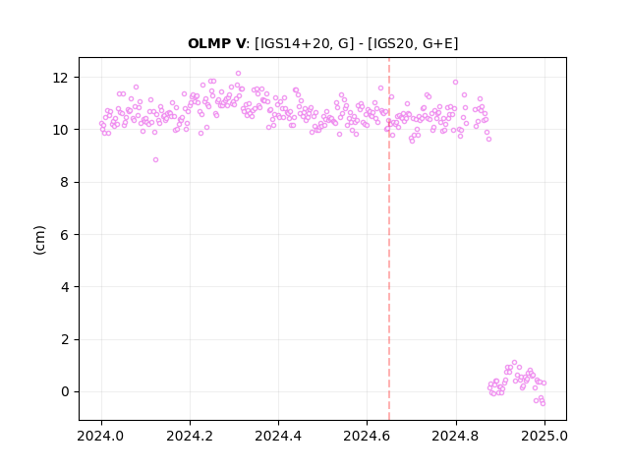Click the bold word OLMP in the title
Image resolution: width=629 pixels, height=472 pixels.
211,43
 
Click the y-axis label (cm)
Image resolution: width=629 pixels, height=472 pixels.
39,240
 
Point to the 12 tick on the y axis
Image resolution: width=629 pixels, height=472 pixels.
60,78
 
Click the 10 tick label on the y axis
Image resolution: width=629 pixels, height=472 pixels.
60,130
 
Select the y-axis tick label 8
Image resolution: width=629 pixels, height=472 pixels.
64,182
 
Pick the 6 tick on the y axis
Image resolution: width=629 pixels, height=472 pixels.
64,235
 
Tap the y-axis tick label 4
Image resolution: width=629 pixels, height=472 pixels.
64,287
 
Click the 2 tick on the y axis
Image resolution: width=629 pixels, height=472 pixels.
64,339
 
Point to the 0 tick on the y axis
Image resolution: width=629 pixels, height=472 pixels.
64,391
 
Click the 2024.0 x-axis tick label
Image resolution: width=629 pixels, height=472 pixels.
101,436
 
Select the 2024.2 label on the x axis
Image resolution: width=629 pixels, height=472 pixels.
190,436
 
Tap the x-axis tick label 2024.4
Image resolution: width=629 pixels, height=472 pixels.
278,436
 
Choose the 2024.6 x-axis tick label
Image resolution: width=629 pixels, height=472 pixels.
367,436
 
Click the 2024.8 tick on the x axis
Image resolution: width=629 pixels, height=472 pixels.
456,436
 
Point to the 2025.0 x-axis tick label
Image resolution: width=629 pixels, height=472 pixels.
544,436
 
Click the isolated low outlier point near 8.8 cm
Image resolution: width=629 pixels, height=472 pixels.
155,159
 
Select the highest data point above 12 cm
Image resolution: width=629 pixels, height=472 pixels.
238,74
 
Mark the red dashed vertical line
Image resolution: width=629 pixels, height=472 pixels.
389,239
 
